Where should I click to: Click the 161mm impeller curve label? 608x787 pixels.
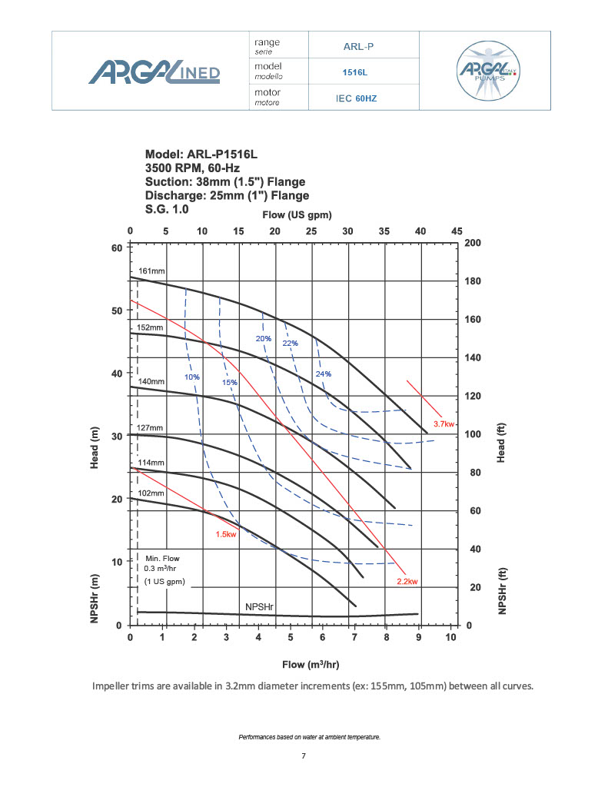pyautogui.click(x=151, y=271)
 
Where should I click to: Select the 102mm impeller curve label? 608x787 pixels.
pyautogui.click(x=151, y=493)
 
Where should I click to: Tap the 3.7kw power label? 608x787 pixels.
pyautogui.click(x=444, y=424)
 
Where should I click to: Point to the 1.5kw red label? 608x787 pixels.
pyautogui.click(x=226, y=534)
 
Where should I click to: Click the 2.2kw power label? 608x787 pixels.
pyautogui.click(x=407, y=581)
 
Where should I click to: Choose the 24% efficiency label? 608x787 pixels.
pyautogui.click(x=324, y=374)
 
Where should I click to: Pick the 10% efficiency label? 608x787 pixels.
pyautogui.click(x=192, y=377)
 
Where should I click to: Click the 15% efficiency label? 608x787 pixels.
pyautogui.click(x=230, y=383)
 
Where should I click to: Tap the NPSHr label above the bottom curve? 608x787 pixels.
pyautogui.click(x=260, y=607)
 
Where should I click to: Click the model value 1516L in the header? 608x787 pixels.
pyautogui.click(x=354, y=71)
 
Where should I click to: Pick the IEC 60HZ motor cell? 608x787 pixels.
pyautogui.click(x=356, y=98)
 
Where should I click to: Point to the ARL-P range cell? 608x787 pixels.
pyautogui.click(x=358, y=45)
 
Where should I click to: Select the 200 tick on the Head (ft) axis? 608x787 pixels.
pyautogui.click(x=473, y=243)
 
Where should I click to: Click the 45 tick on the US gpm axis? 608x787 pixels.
pyautogui.click(x=457, y=231)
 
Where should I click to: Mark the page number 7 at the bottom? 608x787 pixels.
pyautogui.click(x=304, y=756)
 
